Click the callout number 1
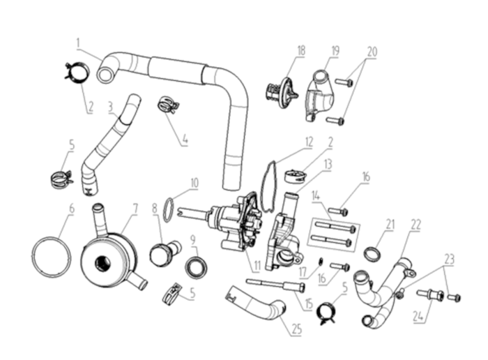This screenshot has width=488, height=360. (x=79, y=43)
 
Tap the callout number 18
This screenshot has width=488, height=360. (x=301, y=51)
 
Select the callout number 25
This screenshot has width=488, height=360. (x=297, y=329)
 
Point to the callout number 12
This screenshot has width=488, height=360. (x=309, y=142)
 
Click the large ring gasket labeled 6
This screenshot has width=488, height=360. (x=52, y=257)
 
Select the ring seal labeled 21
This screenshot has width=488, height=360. (x=372, y=253)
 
